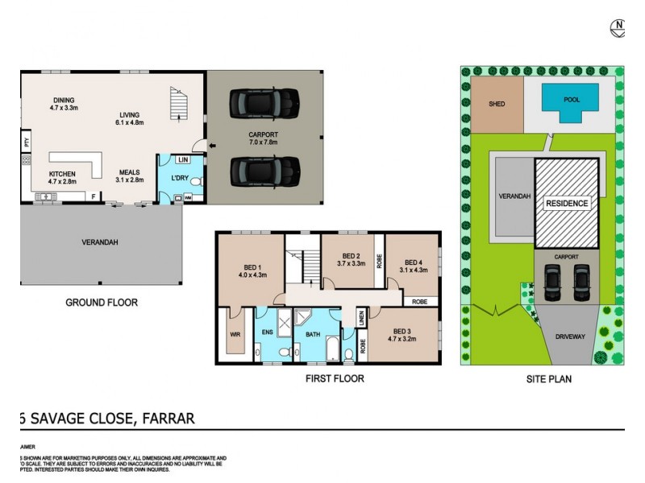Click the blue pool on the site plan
[x=570, y=102]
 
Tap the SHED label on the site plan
[x=497, y=104]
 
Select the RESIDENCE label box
[x=567, y=203]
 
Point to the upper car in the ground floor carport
[x=264, y=102]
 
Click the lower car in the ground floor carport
[x=264, y=170]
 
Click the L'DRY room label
[x=180, y=176]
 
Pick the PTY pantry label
[x=27, y=142]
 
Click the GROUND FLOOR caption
[x=102, y=303]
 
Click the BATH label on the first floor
[x=312, y=332]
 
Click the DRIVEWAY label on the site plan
[x=569, y=337]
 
